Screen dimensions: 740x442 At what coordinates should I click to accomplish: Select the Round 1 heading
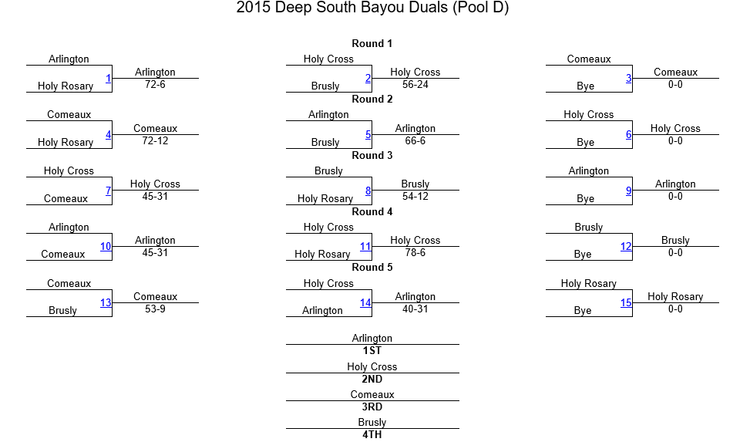tap(372, 43)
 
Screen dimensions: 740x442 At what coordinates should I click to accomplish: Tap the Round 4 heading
tap(372, 211)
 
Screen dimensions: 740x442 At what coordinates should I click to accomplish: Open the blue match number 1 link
tap(108, 79)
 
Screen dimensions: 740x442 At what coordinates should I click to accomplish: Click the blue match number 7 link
tap(108, 191)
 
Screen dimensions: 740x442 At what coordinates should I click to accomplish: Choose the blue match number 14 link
tap(365, 302)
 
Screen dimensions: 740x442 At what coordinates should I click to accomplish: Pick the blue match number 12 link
tap(626, 247)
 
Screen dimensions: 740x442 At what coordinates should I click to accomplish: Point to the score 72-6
tap(155, 85)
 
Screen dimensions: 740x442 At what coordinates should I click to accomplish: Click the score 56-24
tap(415, 85)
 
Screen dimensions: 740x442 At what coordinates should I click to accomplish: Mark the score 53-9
tap(155, 309)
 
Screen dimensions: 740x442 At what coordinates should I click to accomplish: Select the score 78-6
tap(415, 253)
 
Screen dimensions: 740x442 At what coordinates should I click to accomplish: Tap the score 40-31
tap(415, 309)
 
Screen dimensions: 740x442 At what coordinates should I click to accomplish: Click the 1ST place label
tap(372, 350)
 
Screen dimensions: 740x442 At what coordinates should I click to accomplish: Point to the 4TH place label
tap(372, 434)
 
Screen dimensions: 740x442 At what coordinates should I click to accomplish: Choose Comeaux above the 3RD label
tap(372, 394)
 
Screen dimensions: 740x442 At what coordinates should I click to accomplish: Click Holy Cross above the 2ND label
tap(372, 366)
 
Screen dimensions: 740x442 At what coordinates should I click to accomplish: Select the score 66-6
tap(415, 140)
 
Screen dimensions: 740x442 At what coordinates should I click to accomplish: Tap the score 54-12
tap(415, 197)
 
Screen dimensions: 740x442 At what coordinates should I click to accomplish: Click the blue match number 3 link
tap(629, 79)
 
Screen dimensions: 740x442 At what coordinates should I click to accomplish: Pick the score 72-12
tap(155, 140)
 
